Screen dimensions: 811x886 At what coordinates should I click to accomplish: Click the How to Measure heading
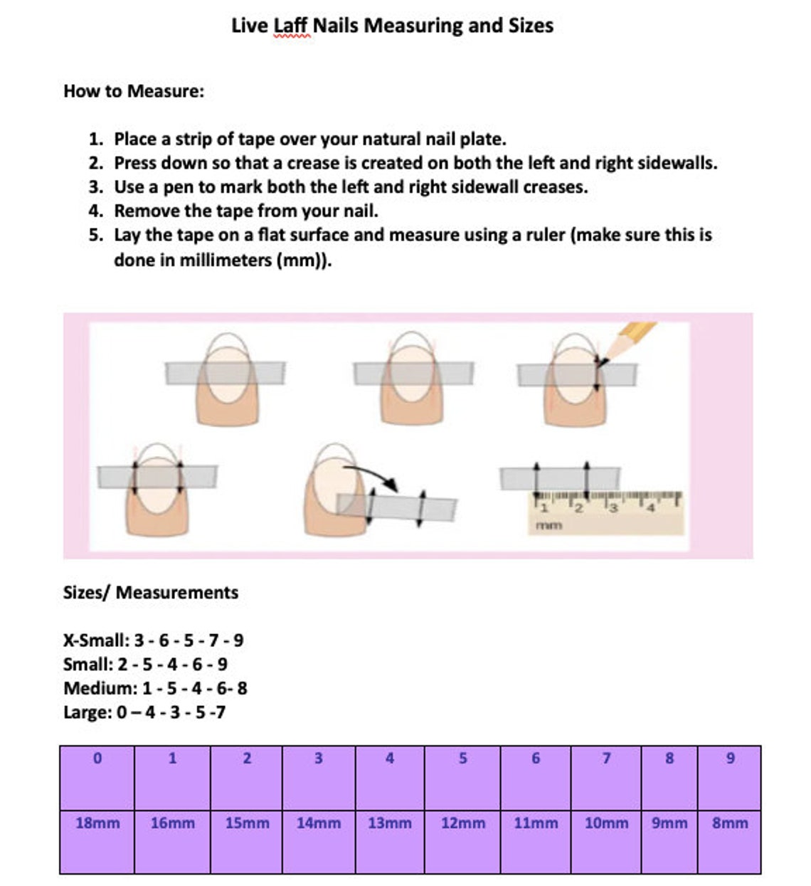(x=134, y=91)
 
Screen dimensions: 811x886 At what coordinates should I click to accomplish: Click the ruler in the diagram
(x=606, y=513)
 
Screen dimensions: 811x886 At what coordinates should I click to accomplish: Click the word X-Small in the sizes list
(x=96, y=640)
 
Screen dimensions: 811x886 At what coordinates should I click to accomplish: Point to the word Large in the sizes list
(x=88, y=712)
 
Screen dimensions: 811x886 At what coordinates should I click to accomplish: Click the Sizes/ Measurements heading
(x=151, y=593)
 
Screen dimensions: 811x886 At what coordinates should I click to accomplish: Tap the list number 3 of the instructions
(x=95, y=187)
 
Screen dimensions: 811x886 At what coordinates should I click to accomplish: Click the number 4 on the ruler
(x=650, y=508)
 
